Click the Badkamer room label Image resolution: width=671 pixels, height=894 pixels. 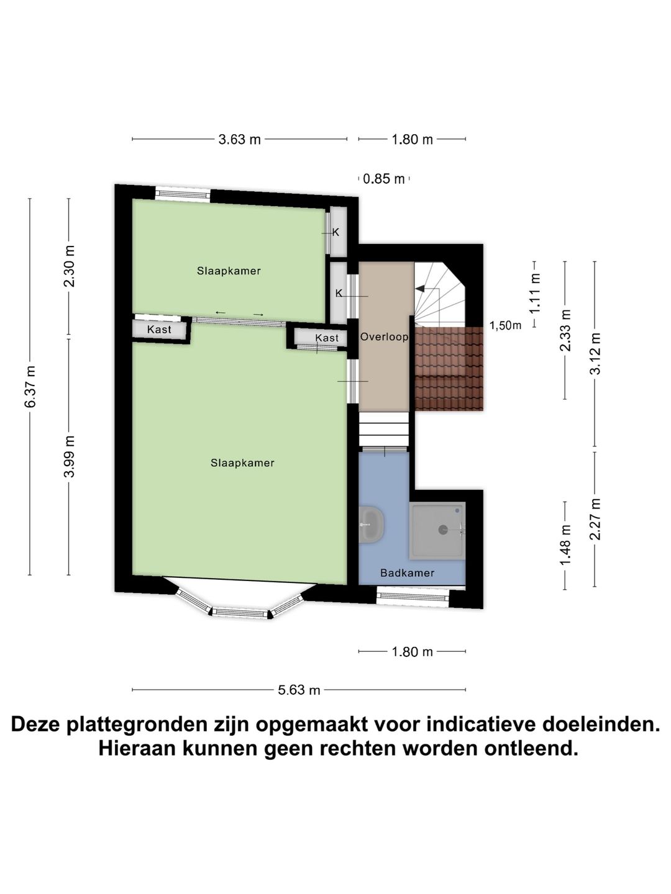(x=407, y=573)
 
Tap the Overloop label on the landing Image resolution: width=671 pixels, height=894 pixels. (x=384, y=337)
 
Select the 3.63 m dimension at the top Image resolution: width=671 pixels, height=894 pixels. (x=239, y=140)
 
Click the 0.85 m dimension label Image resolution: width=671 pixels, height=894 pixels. (x=383, y=179)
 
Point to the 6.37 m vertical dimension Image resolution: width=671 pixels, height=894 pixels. (x=30, y=387)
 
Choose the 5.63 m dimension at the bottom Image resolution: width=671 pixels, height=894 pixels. (x=299, y=690)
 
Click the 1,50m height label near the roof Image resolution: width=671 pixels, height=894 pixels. (x=505, y=326)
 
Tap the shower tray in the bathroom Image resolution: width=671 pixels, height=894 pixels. (x=437, y=530)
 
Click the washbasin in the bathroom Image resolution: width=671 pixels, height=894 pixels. (x=372, y=525)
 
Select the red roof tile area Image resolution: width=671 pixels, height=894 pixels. (x=449, y=369)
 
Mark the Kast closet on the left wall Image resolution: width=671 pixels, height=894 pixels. (x=160, y=330)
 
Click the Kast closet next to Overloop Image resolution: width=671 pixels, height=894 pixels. (x=326, y=338)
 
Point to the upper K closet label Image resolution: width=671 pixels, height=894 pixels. (x=336, y=232)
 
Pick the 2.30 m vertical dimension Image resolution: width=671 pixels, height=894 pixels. (x=69, y=266)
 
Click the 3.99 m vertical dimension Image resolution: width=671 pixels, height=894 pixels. (x=69, y=456)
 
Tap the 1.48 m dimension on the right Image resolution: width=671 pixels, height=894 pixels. (x=565, y=545)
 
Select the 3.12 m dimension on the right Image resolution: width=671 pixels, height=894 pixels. (x=595, y=354)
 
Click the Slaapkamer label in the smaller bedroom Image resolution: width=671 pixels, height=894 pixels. (x=229, y=271)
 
